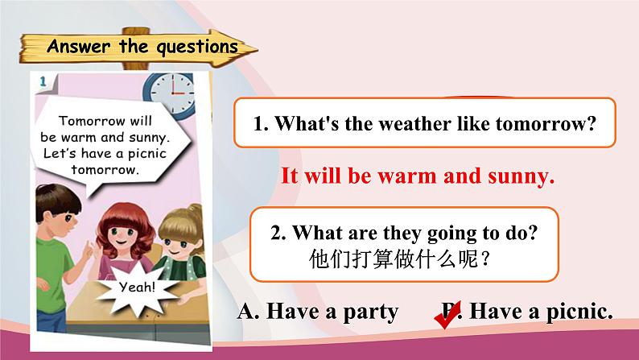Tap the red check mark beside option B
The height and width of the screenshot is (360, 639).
(447, 314)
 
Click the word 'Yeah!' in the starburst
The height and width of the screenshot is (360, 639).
(138, 287)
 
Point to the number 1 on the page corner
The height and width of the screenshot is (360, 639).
(43, 81)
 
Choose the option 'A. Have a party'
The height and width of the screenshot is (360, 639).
(318, 312)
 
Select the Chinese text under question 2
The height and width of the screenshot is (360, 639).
(400, 259)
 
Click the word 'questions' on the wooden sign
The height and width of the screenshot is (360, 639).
(197, 47)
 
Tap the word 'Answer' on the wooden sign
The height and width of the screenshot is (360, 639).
(78, 45)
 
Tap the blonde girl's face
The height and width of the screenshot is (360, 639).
(178, 246)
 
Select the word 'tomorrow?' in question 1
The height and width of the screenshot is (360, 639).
(546, 123)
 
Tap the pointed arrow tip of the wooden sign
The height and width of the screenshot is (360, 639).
(257, 50)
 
